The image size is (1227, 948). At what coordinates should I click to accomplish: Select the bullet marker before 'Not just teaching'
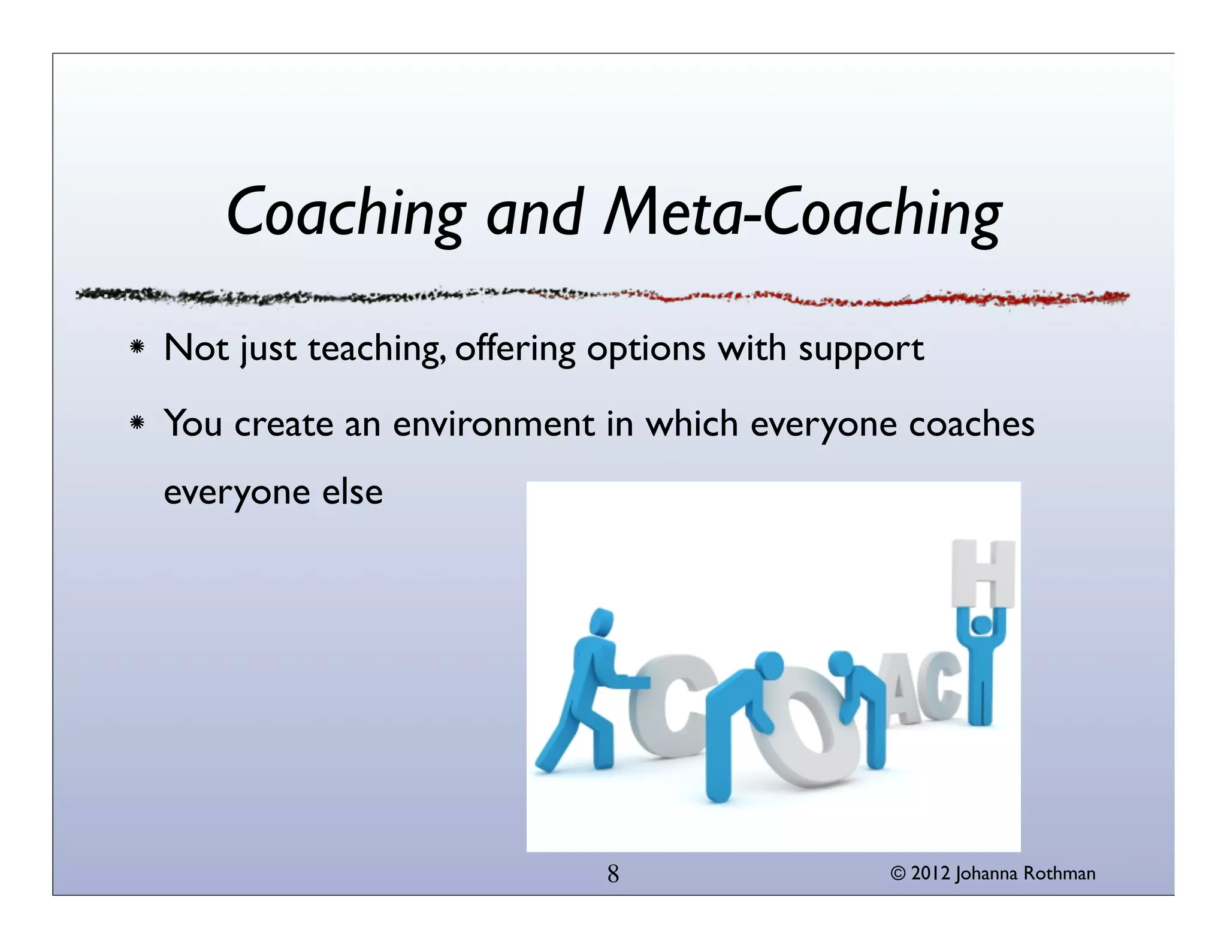(137, 348)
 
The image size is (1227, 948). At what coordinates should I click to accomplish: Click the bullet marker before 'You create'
(137, 424)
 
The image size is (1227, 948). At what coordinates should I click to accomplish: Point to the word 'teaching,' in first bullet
(377, 349)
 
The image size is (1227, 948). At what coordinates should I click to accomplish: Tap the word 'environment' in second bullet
(494, 424)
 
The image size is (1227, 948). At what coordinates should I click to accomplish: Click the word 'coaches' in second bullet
(971, 424)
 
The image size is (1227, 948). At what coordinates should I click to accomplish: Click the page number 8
(613, 874)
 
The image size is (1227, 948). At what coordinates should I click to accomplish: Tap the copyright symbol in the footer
(897, 874)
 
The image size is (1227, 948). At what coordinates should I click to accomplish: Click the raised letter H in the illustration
(983, 573)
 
